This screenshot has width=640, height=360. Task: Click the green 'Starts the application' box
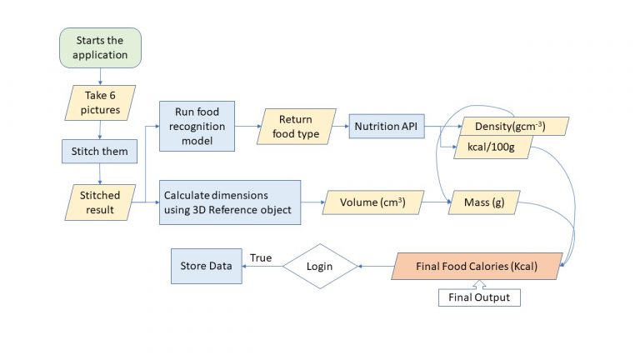(x=101, y=48)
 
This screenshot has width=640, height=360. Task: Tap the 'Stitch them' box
(x=100, y=152)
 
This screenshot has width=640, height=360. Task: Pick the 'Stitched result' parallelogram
(x=100, y=202)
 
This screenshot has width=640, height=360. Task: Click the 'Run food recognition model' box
(x=197, y=126)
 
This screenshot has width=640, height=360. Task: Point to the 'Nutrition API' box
(x=386, y=127)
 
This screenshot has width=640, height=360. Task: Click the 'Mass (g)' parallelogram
(x=484, y=202)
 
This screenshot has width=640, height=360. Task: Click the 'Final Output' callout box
(x=479, y=297)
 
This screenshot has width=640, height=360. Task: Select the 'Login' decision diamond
(x=320, y=267)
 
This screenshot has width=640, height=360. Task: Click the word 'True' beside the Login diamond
(x=261, y=258)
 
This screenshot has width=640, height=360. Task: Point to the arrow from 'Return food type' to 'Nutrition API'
(x=341, y=127)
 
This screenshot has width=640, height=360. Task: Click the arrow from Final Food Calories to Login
(x=375, y=267)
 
